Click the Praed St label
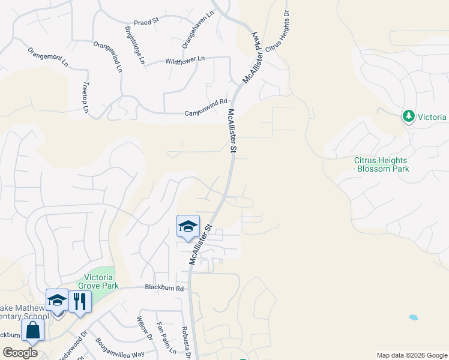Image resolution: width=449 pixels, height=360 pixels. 146,20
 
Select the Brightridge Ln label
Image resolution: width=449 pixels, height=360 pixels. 135,45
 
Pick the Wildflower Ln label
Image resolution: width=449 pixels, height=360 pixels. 185,60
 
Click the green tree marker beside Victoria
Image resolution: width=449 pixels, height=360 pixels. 409,115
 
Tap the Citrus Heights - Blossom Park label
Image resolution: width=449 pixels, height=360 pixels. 381,164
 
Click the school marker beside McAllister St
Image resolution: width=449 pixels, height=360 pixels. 188,226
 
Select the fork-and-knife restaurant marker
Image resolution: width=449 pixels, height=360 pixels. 79,301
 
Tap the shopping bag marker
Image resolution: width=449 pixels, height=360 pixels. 32,329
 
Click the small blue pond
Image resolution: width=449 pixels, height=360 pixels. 413,317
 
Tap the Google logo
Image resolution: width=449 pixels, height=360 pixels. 20,353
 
